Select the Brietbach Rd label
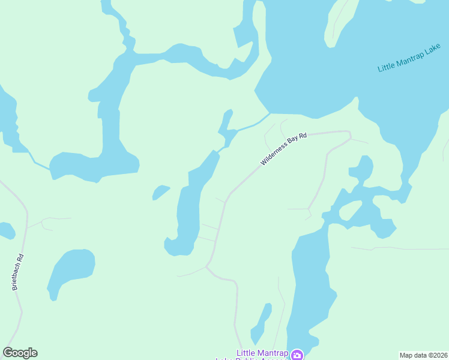[x=19, y=273]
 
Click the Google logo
[x=20, y=353]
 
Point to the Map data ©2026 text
[x=423, y=355]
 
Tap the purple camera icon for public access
[x=297, y=355]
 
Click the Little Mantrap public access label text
[x=262, y=353]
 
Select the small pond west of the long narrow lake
[x=160, y=192]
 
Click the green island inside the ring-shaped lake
[x=351, y=211]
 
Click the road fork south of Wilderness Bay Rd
[x=208, y=266]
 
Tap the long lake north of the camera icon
[x=311, y=282]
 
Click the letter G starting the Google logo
[x=8, y=353]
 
